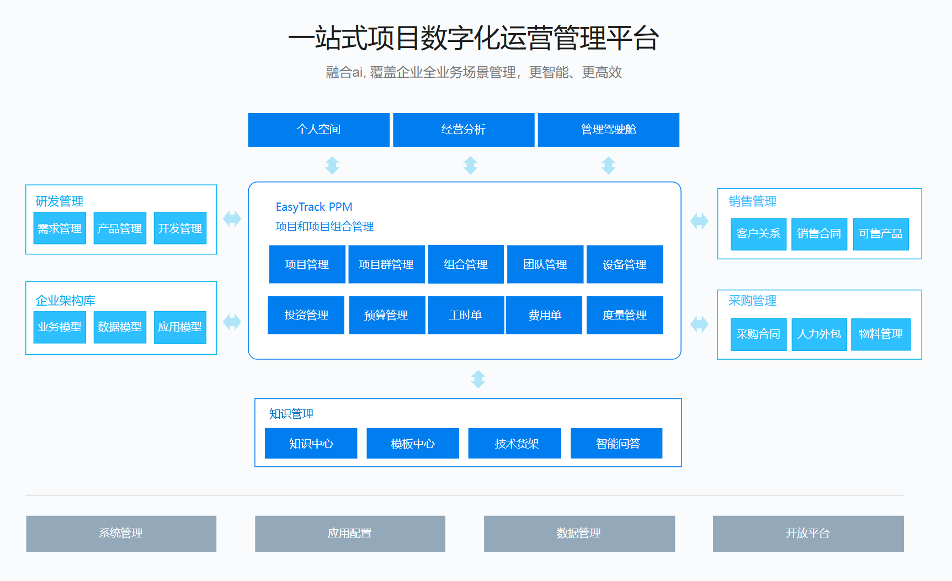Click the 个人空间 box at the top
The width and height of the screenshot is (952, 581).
coord(318,130)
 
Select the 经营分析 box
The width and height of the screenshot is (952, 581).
coord(464,130)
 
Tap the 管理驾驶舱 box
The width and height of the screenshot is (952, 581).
coord(608,130)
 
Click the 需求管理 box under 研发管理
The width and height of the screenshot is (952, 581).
coord(60,228)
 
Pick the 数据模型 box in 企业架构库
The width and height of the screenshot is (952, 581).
coord(120,327)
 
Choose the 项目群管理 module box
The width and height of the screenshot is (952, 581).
coord(386,264)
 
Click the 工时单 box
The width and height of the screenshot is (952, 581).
coord(465,315)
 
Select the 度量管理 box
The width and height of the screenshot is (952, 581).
coord(625,315)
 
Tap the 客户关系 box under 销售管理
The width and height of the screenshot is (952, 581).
coord(758,234)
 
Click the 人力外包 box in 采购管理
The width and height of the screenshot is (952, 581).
coord(819,334)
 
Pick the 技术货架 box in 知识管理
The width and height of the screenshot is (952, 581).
coord(515,444)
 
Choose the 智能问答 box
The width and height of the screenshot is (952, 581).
coord(616,444)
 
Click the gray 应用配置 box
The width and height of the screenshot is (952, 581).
coord(350,534)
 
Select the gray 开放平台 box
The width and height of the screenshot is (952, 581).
coord(809,534)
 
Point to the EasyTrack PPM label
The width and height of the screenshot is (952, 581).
coord(314,207)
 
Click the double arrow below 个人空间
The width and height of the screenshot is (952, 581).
coord(332,166)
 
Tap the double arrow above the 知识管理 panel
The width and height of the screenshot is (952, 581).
coord(478,379)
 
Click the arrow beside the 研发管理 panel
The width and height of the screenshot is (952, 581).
coord(232,218)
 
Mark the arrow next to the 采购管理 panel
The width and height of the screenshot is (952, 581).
coord(699,324)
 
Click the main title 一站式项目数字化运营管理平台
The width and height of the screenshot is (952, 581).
coord(474,38)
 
